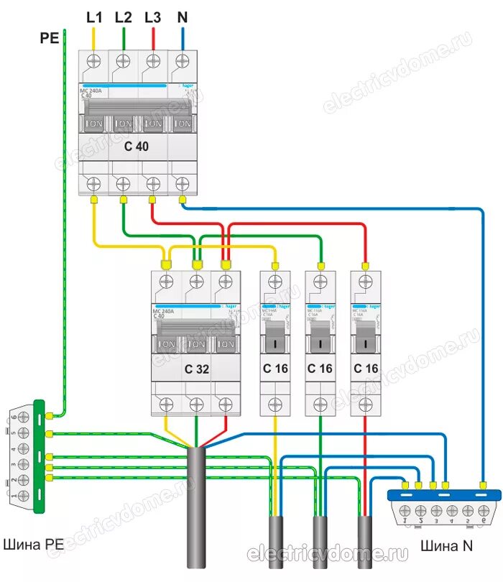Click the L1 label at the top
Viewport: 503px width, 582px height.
tap(94, 17)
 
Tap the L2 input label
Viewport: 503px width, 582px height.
tap(123, 17)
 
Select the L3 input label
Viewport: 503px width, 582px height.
tap(152, 17)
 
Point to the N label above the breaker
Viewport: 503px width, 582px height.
tap(182, 17)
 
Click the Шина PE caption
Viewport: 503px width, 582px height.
tap(34, 544)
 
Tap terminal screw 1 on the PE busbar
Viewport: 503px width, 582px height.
tap(23, 496)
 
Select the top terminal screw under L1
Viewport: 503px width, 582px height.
tap(93, 63)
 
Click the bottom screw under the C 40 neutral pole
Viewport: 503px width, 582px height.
tap(183, 183)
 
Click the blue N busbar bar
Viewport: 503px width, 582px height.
tap(443, 494)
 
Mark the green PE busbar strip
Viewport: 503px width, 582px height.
tap(40, 456)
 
